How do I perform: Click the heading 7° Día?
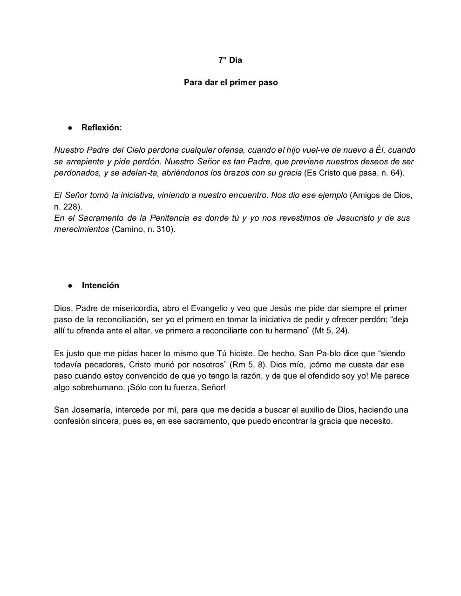230,60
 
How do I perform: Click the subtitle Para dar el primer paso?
230,82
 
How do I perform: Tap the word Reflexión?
102,128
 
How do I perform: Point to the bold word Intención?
100,285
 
